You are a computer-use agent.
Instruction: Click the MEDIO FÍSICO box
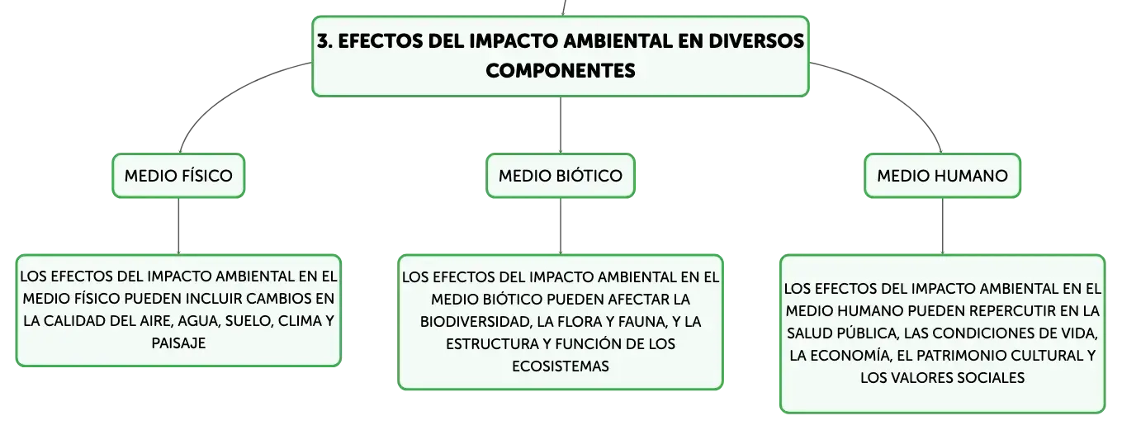(178, 176)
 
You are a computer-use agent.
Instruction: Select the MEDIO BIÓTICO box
(561, 176)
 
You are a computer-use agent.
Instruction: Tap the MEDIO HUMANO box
(942, 176)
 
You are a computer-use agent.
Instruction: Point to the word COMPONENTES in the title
(561, 71)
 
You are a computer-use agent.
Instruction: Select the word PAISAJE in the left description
(178, 343)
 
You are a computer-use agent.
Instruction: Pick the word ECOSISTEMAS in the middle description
(561, 366)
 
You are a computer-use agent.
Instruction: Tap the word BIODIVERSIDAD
(476, 322)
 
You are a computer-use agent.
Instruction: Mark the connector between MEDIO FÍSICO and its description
(178, 226)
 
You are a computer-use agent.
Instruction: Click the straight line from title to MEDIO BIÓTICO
(561, 125)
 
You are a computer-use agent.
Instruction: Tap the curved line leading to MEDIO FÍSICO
(223, 93)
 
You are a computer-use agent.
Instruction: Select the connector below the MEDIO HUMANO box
(942, 226)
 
